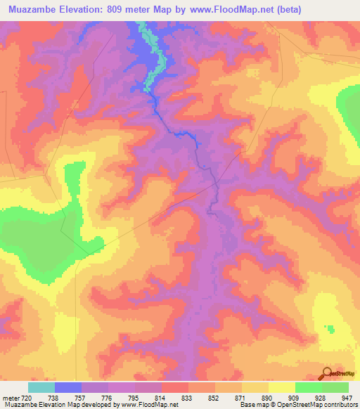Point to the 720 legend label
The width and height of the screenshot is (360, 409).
[x=26, y=397]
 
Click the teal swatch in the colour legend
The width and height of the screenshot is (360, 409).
[x=41, y=387]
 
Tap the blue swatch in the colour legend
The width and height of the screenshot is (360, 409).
[x=68, y=387]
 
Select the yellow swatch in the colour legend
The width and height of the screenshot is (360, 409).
[x=281, y=387]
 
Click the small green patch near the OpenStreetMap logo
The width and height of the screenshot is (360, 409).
[x=330, y=328]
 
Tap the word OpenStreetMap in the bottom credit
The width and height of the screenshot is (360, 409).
[x=309, y=405]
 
